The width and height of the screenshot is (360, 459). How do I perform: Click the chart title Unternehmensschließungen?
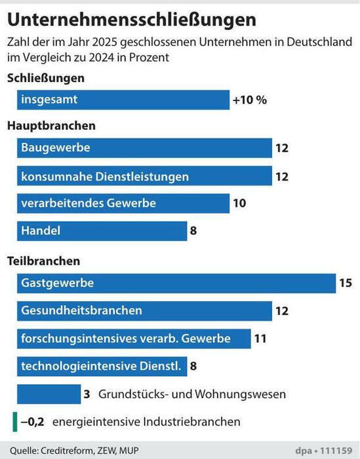(132, 20)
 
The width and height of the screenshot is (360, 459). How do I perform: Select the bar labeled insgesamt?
(123, 100)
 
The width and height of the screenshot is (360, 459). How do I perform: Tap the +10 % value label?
(250, 100)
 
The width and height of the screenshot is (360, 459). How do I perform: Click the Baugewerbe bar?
(144, 148)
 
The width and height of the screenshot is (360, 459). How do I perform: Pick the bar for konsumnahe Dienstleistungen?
(144, 176)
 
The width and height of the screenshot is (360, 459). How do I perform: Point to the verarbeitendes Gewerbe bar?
(123, 203)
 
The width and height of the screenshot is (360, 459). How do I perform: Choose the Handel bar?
(102, 231)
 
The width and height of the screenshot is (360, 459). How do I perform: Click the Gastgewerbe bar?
(176, 283)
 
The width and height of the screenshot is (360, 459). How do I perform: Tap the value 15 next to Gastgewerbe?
(346, 283)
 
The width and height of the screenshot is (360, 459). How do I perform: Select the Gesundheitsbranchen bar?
(144, 311)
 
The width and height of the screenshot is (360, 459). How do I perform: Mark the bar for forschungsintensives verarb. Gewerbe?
(134, 339)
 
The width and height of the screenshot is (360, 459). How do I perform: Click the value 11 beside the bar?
(260, 339)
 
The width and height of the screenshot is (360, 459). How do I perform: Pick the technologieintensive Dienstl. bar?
(102, 367)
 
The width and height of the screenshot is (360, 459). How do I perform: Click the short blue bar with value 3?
(49, 394)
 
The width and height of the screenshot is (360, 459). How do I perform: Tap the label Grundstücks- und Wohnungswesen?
(192, 394)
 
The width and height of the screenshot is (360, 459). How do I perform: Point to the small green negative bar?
(15, 422)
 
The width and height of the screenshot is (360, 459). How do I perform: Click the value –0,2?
(33, 422)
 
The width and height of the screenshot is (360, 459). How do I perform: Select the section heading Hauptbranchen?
(52, 126)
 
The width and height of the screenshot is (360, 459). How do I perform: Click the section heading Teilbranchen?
(44, 261)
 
